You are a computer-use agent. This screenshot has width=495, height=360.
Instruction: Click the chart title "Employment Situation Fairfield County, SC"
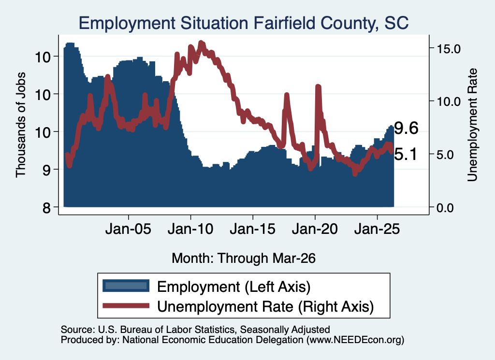tap(244, 23)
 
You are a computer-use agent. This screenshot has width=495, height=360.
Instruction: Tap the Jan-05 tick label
tap(128, 229)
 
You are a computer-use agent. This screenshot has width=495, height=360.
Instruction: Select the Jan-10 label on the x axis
tap(190, 229)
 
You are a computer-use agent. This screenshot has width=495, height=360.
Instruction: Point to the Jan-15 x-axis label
tap(252, 229)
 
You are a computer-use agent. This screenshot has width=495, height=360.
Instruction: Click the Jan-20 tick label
tap(315, 229)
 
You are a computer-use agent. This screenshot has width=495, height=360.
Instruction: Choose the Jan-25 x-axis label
tap(377, 229)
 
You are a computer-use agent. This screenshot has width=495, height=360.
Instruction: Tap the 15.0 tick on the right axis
tap(449, 49)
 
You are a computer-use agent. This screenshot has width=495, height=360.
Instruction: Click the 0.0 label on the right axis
tap(445, 208)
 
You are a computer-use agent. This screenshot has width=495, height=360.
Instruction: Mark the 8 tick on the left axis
tap(46, 208)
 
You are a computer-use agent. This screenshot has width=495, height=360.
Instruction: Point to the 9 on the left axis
tap(46, 170)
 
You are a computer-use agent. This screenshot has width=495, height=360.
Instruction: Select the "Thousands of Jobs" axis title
tap(20, 125)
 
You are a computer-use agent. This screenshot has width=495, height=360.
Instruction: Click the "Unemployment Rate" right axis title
tap(472, 125)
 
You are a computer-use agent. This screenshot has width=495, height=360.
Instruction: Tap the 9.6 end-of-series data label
tap(406, 128)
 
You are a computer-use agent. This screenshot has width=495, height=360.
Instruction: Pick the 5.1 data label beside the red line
tap(406, 154)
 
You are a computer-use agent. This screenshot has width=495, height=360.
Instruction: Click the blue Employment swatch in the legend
tap(126, 286)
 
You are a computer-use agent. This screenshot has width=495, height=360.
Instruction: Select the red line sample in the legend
tap(126, 306)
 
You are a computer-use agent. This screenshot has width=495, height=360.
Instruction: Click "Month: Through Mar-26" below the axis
tap(244, 258)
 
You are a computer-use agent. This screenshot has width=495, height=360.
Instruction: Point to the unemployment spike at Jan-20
tap(318, 87)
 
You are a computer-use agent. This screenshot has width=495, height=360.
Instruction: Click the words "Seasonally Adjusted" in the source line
tap(285, 330)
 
